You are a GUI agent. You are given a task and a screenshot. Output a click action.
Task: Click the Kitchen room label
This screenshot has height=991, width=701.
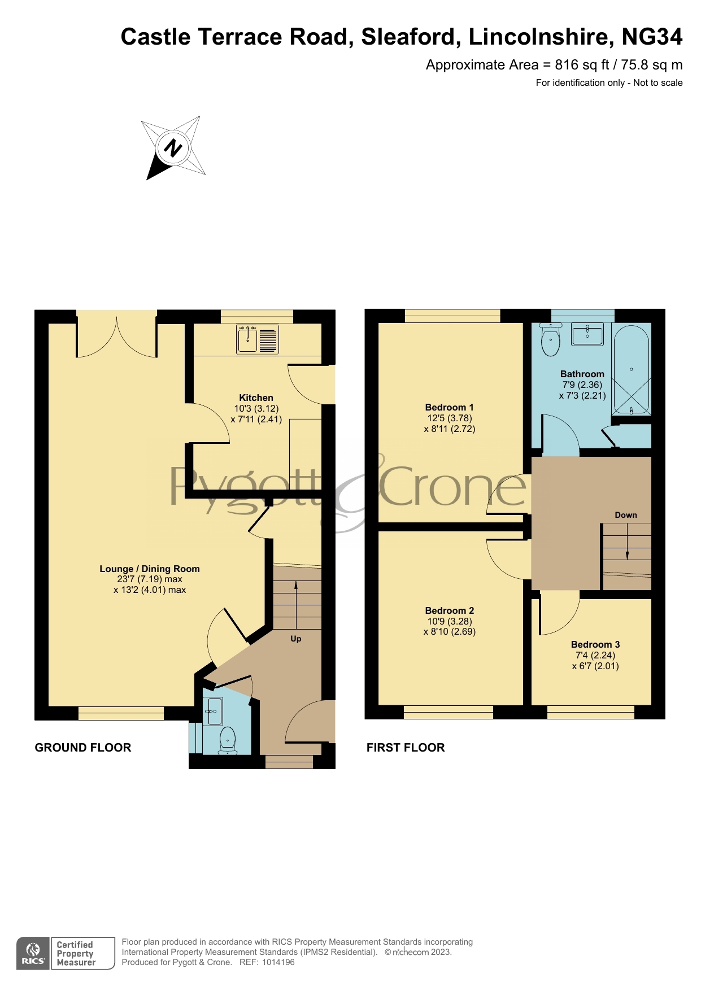coord(256,398)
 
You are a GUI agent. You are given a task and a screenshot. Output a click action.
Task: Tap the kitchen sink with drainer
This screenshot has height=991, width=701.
coord(258,340)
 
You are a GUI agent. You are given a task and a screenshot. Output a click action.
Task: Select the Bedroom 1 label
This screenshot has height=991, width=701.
coord(449,407)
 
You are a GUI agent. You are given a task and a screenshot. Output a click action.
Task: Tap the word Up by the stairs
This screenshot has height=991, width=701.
coord(296,639)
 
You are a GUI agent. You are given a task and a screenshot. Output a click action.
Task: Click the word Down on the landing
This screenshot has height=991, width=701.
coord(626,515)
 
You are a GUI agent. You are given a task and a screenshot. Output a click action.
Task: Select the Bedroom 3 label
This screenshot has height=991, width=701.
coord(595,644)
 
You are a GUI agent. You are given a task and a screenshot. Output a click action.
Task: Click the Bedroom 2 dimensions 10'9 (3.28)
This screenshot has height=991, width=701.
coord(450,621)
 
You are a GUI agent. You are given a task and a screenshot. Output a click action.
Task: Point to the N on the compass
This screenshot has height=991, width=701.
coord(173,148)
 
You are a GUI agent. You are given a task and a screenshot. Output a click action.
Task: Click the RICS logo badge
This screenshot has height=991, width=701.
coord(33,953)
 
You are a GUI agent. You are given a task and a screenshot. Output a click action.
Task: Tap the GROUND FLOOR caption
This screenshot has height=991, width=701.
coord(83,748)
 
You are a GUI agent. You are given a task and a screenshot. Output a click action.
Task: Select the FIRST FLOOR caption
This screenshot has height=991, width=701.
coord(406,748)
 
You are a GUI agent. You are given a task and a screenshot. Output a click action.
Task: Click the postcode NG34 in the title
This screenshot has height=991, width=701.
coord(652,37)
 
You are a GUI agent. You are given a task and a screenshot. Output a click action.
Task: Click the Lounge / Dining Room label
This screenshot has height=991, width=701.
coord(150,569)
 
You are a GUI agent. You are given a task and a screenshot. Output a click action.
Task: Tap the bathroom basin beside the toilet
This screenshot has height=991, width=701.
coord(587,334)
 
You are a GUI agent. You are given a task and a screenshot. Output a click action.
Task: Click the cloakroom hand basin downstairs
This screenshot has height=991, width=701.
coord(212,711)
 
